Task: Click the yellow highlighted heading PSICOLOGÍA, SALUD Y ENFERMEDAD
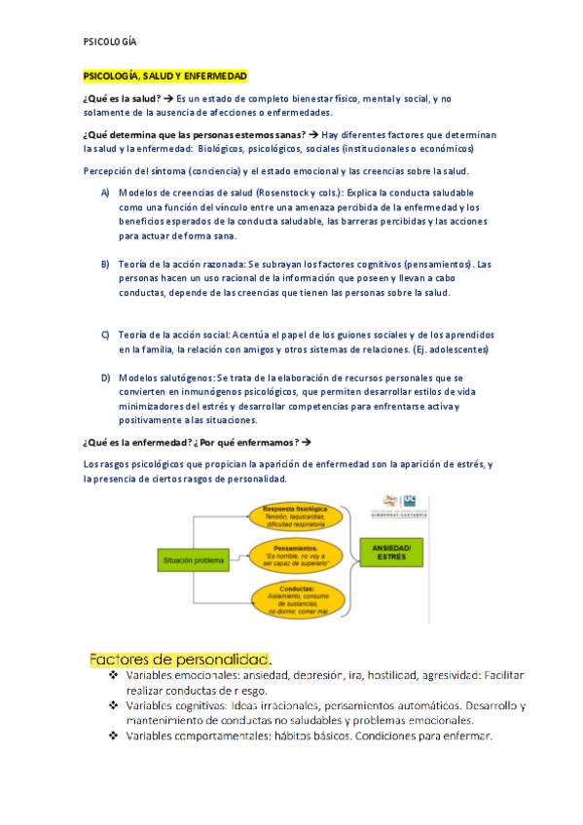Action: click(x=165, y=75)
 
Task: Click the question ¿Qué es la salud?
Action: click(x=121, y=99)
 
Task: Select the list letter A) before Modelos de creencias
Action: click(x=105, y=194)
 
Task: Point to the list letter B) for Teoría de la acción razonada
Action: click(x=105, y=265)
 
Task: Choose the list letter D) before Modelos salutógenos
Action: click(x=105, y=377)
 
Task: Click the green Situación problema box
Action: click(x=192, y=560)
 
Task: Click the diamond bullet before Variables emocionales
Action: click(x=114, y=675)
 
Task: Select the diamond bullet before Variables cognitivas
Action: click(x=114, y=705)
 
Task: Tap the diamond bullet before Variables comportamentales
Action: click(x=114, y=735)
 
